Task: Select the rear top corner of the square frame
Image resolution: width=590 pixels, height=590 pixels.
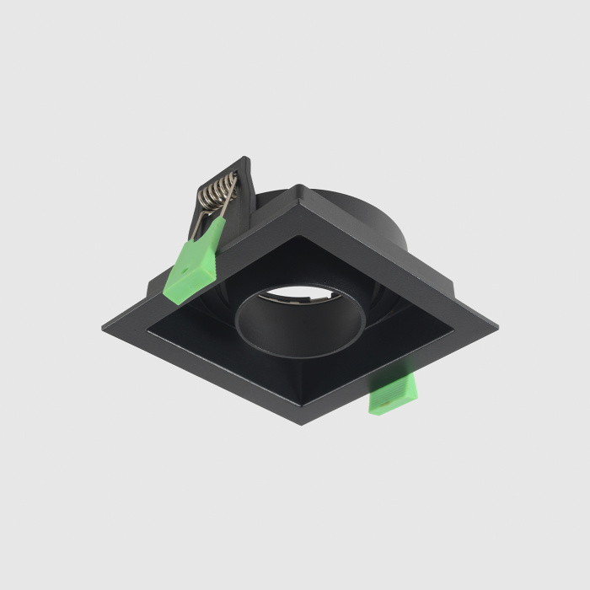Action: pyautogui.click(x=298, y=187)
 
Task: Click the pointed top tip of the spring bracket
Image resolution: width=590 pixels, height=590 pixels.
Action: pyautogui.click(x=244, y=158)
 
